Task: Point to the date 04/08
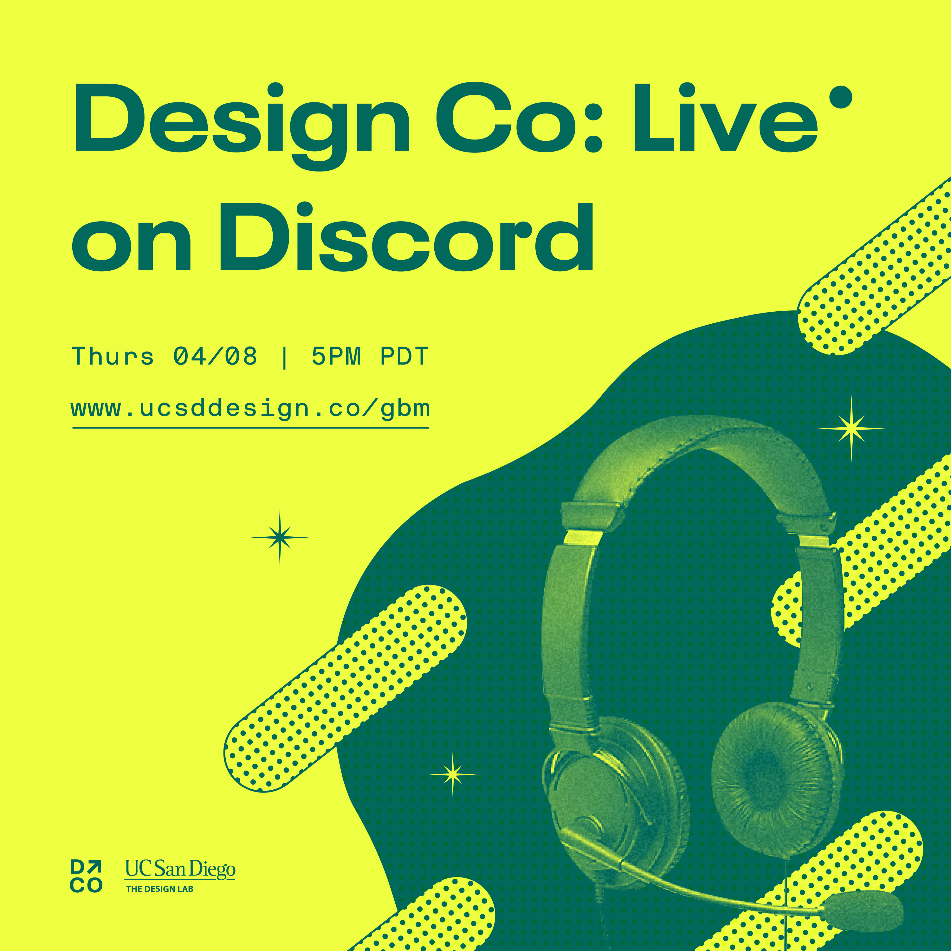pyautogui.click(x=215, y=356)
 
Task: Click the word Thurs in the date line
pyautogui.click(x=113, y=356)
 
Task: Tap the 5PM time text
pyautogui.click(x=336, y=356)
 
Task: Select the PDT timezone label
pyautogui.click(x=404, y=356)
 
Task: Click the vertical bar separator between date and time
pyautogui.click(x=284, y=357)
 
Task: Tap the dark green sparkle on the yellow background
pyautogui.click(x=280, y=537)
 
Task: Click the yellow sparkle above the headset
pyautogui.click(x=851, y=429)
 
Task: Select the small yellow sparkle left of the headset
pyautogui.click(x=452, y=774)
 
